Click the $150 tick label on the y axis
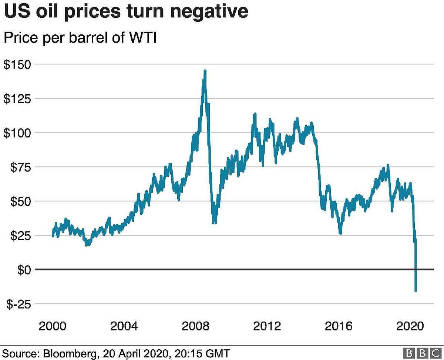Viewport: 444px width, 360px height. [17, 64]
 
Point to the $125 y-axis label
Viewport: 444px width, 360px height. [17, 98]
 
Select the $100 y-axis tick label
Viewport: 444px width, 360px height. [17, 133]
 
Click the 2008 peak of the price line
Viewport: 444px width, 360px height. [205, 71]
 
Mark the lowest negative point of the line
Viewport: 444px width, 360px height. [416, 291]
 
